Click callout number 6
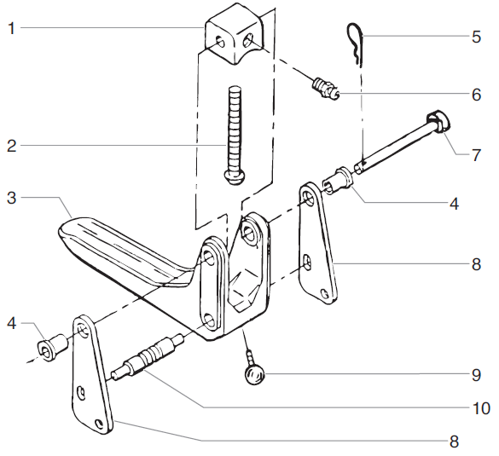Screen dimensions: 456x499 476,95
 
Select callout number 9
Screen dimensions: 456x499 476,374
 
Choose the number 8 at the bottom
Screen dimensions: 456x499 454,442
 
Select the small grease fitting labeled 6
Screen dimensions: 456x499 325,89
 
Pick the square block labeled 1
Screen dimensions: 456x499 230,39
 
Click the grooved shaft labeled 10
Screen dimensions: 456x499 148,355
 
